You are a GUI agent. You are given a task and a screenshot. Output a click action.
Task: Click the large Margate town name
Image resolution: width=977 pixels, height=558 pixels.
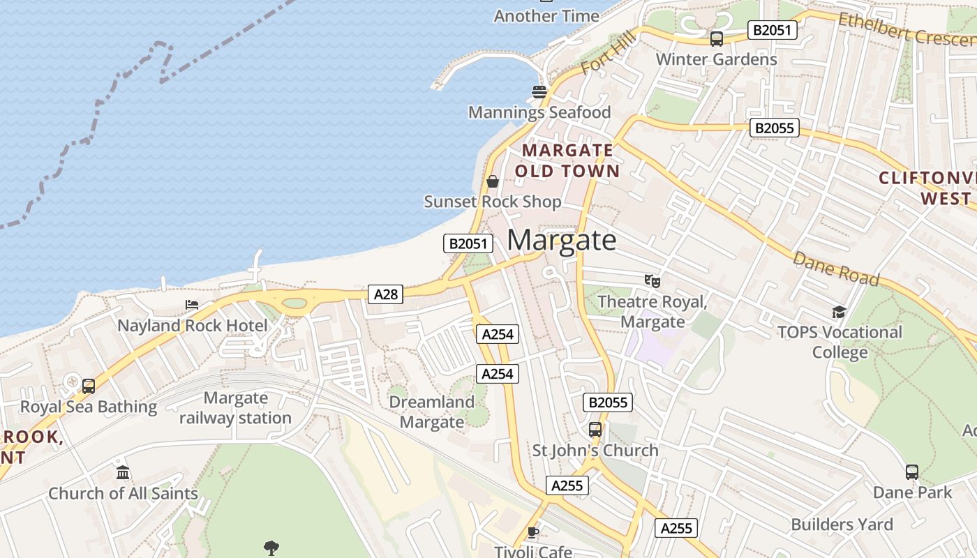click(x=562, y=240)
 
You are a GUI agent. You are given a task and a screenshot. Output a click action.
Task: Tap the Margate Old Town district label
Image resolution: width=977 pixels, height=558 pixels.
click(x=567, y=160)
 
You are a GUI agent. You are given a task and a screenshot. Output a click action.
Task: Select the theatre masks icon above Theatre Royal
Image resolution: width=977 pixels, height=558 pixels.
click(x=652, y=280)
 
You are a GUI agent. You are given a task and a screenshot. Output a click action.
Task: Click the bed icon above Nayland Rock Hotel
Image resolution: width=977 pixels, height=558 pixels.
click(x=192, y=305)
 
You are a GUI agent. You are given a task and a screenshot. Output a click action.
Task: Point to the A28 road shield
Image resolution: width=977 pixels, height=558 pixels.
click(x=385, y=294)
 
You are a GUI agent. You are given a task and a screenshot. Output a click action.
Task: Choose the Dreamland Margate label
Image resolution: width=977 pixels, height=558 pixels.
click(x=431, y=412)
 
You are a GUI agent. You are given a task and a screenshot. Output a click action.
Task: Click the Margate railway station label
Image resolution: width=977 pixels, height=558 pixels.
click(x=235, y=408)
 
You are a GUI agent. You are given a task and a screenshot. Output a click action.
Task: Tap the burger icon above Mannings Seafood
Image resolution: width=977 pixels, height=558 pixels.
click(x=539, y=91)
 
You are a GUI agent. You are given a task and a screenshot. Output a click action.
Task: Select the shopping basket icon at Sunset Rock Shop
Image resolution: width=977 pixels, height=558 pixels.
click(x=493, y=181)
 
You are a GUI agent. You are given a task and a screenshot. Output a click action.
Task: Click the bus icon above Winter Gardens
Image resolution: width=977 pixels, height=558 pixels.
click(x=717, y=39)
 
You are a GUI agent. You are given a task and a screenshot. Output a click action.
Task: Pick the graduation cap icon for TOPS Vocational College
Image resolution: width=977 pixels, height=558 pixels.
click(x=839, y=312)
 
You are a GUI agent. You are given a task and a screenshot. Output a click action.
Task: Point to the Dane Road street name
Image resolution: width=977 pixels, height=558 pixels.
click(x=835, y=268)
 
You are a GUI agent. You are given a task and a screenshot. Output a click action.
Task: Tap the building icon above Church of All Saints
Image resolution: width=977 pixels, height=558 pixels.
click(x=123, y=473)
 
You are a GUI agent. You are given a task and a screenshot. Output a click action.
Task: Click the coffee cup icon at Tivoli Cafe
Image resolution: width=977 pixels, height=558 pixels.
click(x=533, y=533)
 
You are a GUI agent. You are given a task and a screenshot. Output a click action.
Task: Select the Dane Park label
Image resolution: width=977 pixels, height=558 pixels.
click(x=912, y=492)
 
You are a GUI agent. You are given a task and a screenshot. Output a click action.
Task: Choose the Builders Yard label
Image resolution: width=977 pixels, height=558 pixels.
click(x=842, y=525)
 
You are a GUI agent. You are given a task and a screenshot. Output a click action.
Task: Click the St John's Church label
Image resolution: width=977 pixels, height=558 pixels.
click(x=595, y=451)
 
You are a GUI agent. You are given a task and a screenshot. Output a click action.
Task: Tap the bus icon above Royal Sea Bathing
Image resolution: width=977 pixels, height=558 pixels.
click(x=89, y=386)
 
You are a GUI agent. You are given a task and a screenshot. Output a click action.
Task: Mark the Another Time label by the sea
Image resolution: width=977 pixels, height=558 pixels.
click(x=546, y=15)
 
